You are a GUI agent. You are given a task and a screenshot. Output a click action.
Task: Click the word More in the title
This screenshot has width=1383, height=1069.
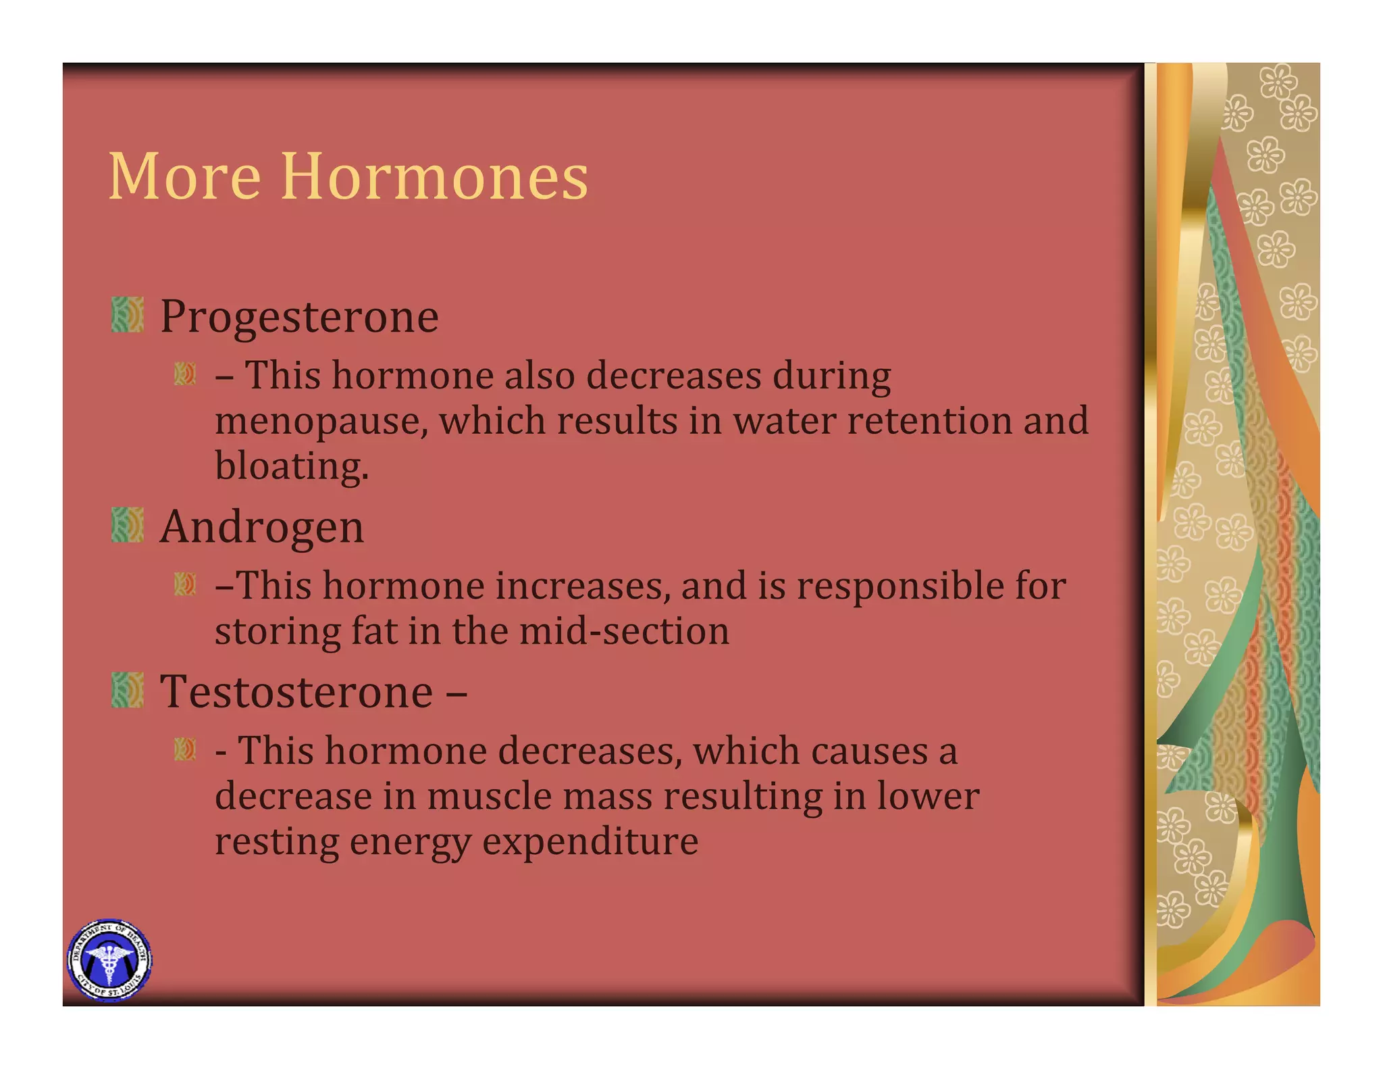(x=184, y=177)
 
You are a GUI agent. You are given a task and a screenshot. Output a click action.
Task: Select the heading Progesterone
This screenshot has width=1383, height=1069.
(x=299, y=316)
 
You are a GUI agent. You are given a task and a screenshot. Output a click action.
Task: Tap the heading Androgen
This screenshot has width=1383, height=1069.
(x=262, y=527)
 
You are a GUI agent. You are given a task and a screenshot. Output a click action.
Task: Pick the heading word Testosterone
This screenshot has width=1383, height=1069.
(x=296, y=691)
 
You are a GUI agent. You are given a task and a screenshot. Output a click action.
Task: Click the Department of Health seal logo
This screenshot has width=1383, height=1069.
(x=109, y=960)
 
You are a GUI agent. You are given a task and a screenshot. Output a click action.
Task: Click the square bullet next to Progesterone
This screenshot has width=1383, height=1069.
(x=128, y=315)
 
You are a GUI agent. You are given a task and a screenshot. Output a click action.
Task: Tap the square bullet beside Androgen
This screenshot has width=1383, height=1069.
(x=128, y=525)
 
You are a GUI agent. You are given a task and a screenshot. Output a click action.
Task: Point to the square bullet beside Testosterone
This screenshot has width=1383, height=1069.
(x=128, y=690)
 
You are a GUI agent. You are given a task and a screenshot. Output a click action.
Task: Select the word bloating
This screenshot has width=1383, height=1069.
(x=292, y=466)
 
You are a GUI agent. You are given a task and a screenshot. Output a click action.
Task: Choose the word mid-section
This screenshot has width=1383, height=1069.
(x=624, y=631)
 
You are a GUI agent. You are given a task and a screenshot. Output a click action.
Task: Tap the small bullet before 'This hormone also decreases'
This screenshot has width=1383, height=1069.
(x=184, y=374)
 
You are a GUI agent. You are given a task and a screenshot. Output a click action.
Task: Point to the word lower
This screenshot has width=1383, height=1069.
(x=928, y=796)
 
